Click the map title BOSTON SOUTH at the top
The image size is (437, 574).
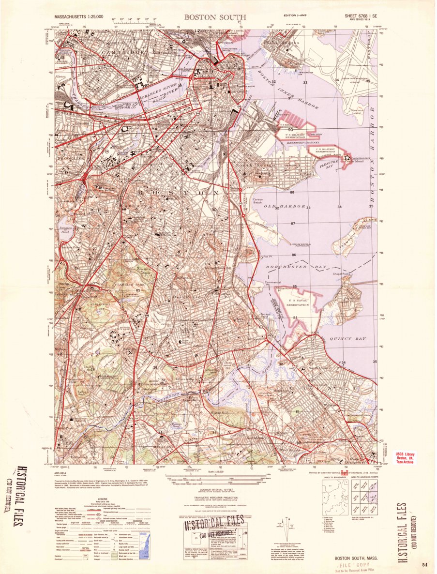coord(215,17)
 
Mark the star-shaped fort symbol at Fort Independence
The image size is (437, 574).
coord(347,157)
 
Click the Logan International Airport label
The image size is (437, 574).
coord(358,80)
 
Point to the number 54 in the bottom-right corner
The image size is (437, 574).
coord(424,564)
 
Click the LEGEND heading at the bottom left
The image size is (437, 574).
coord(98,499)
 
